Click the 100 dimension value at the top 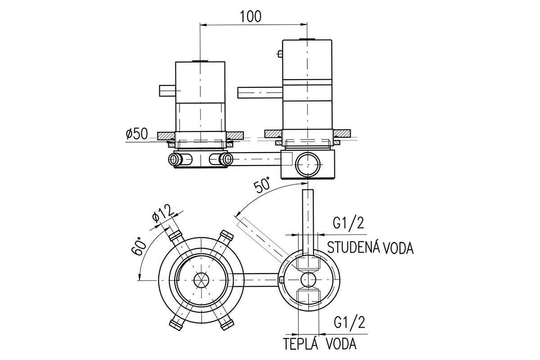click(x=251, y=17)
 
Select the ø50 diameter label click(x=137, y=134)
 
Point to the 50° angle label click(x=262, y=185)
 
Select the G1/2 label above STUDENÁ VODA click(x=348, y=223)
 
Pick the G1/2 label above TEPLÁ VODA click(x=350, y=322)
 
